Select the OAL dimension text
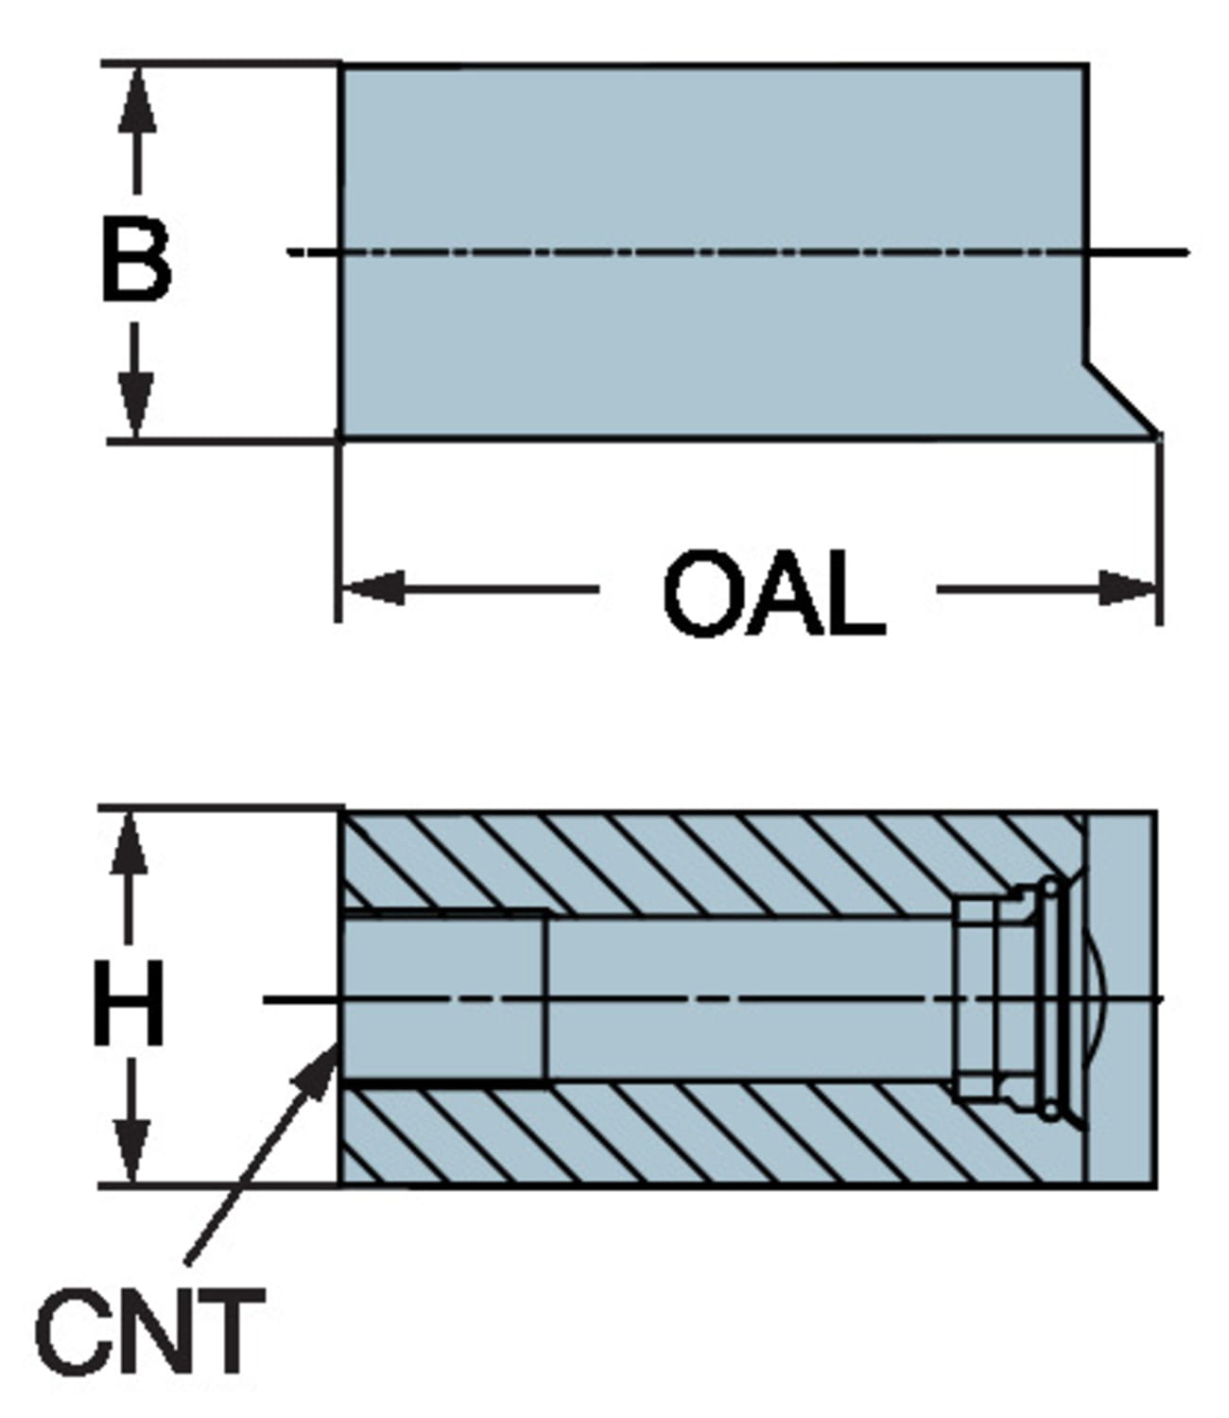(x=773, y=596)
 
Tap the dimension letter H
(x=130, y=1002)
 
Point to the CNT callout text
(x=149, y=1333)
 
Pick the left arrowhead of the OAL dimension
(x=373, y=588)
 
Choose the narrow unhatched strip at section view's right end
(x=1121, y=998)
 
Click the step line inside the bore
(x=547, y=997)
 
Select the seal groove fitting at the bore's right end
(x=1012, y=997)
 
